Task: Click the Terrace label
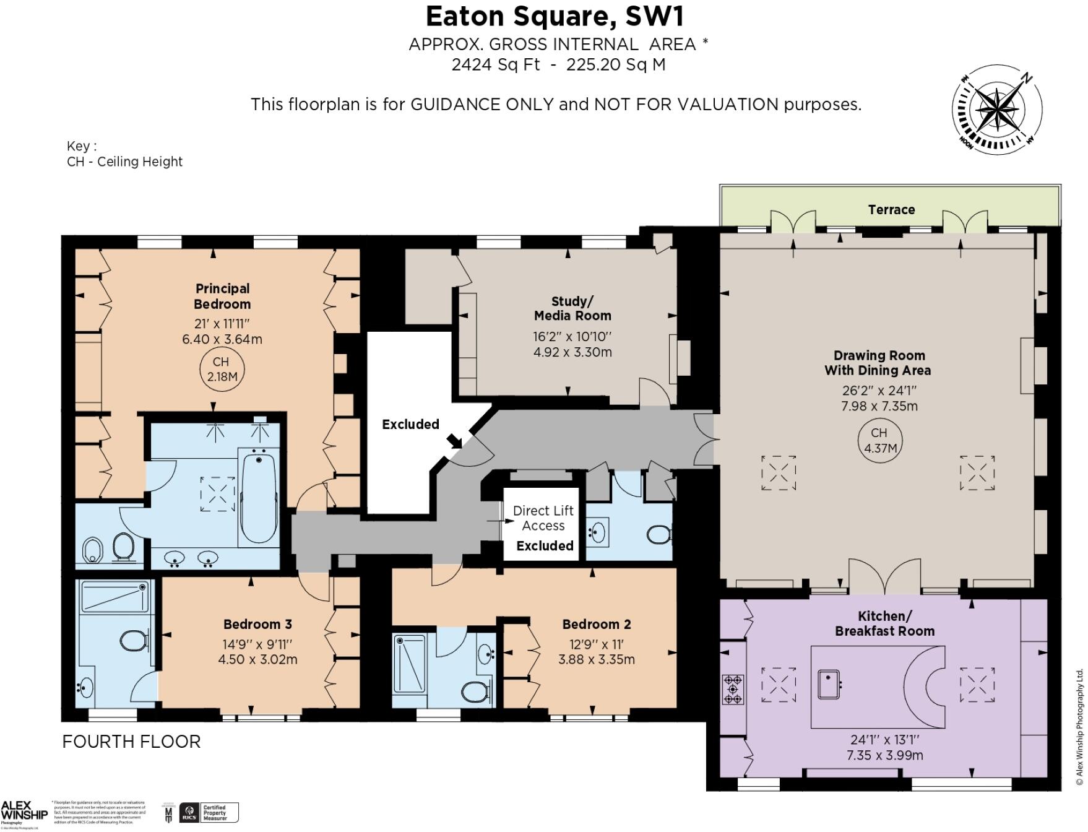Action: pos(891,210)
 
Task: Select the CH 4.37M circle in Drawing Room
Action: pos(879,440)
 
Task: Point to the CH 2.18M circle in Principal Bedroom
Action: pos(221,369)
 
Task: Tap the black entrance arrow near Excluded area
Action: pos(455,441)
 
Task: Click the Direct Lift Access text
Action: pos(543,518)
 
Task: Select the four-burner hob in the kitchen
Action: pos(732,689)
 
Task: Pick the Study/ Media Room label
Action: pos(572,308)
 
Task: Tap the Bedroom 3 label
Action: pos(257,624)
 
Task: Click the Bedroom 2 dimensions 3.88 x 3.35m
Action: pos(596,659)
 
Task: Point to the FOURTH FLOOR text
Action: pos(131,742)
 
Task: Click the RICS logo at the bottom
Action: pos(189,813)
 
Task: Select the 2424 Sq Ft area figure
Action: pos(495,64)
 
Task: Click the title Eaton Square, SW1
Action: pos(555,17)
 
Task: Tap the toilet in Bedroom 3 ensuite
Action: pos(134,641)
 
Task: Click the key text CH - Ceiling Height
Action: pos(124,162)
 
